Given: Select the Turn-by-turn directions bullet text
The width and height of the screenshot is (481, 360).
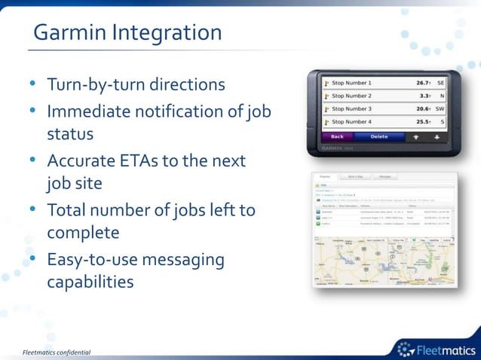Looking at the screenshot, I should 136,84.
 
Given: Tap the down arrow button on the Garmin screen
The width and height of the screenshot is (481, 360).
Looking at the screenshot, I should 437,137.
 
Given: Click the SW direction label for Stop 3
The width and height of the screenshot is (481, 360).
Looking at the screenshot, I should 440,108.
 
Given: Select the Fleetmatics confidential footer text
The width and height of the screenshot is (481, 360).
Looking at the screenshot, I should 57,352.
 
